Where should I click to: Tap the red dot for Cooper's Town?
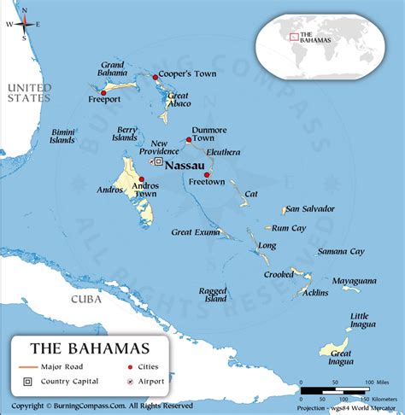click(x=156, y=77)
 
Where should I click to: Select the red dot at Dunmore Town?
click(x=187, y=139)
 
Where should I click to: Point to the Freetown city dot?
click(x=207, y=174)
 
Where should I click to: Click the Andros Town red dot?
click(x=141, y=179)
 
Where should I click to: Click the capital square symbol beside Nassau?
click(x=158, y=161)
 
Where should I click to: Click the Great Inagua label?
click(x=341, y=357)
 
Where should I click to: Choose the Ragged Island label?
click(x=214, y=295)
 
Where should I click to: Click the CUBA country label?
click(x=85, y=300)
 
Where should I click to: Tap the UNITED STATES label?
click(x=28, y=92)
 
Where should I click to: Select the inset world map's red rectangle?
click(x=293, y=36)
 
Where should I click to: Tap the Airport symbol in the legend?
click(x=131, y=381)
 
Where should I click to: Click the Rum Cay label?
click(x=290, y=228)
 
